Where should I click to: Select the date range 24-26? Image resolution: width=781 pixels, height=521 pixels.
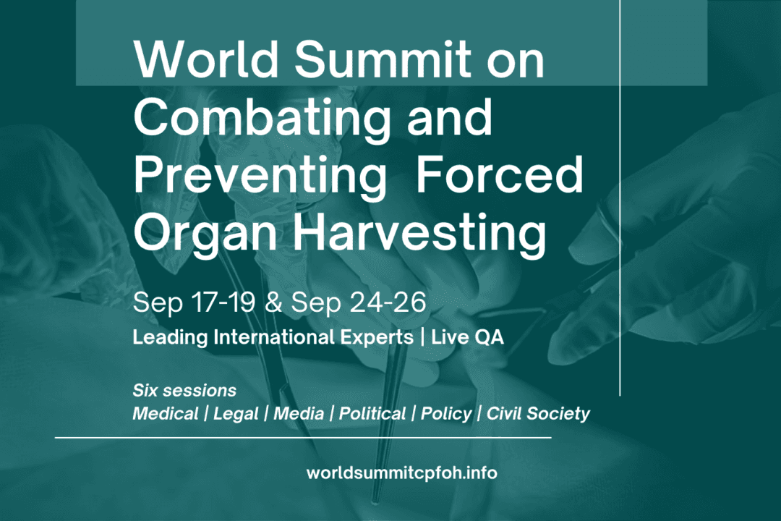point(390,302)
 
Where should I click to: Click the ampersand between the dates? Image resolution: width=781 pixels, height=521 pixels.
point(273,302)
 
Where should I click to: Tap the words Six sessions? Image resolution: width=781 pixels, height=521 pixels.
point(184,391)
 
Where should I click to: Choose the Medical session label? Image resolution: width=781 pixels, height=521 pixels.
point(166,414)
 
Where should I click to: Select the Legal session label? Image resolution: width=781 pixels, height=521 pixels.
point(236,414)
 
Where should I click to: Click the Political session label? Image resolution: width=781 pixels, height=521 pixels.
point(372,414)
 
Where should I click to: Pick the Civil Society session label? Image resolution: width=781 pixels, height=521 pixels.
point(538,414)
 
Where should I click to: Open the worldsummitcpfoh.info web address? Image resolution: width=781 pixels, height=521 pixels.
point(402,473)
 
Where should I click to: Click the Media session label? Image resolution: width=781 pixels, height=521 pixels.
point(297,414)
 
